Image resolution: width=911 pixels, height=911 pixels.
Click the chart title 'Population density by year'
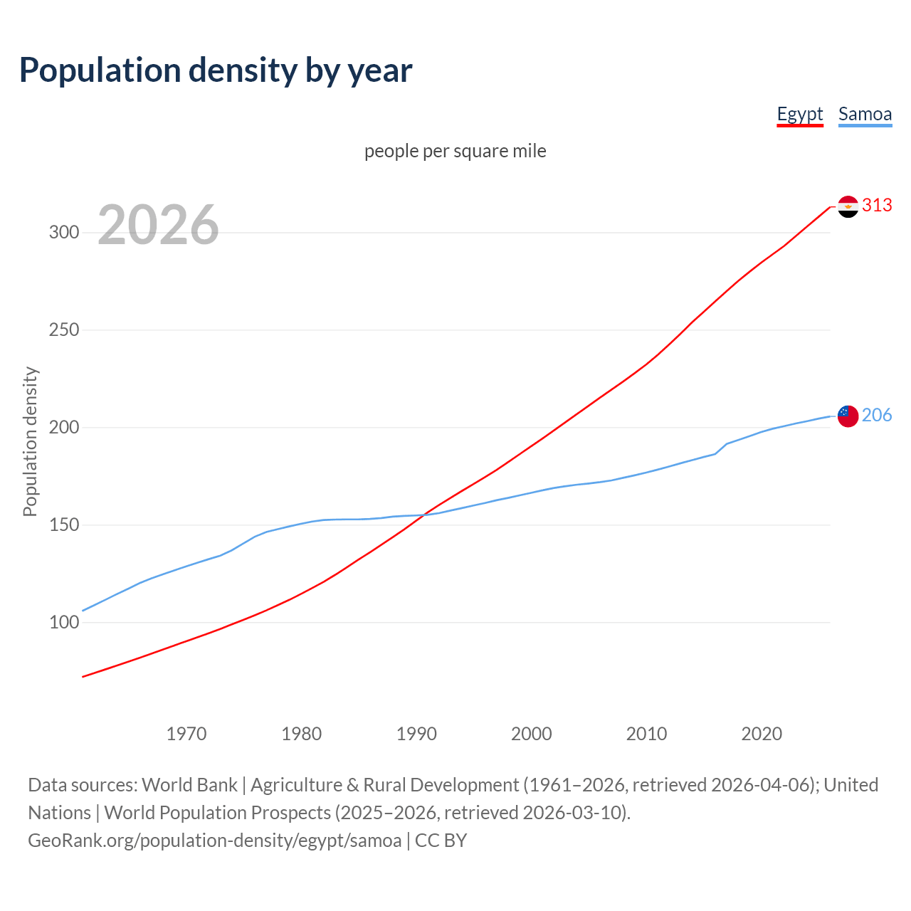216,70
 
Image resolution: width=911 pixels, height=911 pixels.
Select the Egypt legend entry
799,114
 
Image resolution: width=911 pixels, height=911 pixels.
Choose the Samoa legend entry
865,114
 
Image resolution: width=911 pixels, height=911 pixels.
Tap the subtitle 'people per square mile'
455,151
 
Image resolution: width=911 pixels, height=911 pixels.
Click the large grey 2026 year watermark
158,225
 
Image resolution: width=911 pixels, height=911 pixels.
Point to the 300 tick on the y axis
64,233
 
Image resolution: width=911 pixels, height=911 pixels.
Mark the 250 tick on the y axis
64,330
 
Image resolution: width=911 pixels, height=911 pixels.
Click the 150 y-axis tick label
64,525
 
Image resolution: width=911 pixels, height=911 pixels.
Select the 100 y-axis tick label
64,623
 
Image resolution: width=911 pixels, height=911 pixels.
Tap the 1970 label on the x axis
186,734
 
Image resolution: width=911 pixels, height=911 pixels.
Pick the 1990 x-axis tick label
416,734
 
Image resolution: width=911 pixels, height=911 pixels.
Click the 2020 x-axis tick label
762,734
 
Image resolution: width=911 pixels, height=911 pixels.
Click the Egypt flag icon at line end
848,206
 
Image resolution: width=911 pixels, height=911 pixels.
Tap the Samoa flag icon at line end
848,416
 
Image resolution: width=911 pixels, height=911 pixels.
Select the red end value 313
877,206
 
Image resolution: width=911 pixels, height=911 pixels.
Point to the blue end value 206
877,416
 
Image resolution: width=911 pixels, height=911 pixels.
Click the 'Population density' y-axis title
30,441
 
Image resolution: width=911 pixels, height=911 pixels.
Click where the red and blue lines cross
423,515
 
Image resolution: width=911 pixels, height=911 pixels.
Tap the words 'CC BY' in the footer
441,841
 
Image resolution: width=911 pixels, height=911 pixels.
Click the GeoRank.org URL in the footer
214,841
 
